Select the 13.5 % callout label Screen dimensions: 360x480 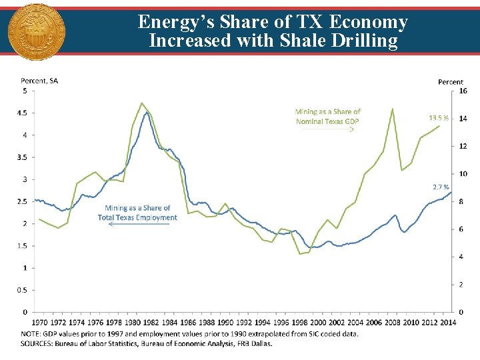point(440,118)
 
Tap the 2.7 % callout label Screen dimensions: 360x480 point(441,187)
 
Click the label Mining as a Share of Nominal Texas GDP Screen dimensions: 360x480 point(327,117)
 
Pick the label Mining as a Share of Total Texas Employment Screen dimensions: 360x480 point(137,213)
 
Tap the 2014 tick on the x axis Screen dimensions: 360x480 point(447,323)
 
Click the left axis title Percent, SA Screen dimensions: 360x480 point(39,81)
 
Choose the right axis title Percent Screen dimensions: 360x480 point(451,82)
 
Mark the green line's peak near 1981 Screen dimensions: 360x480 point(142,103)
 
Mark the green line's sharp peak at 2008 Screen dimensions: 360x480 point(393,109)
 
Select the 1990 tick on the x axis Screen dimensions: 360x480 point(225,323)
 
